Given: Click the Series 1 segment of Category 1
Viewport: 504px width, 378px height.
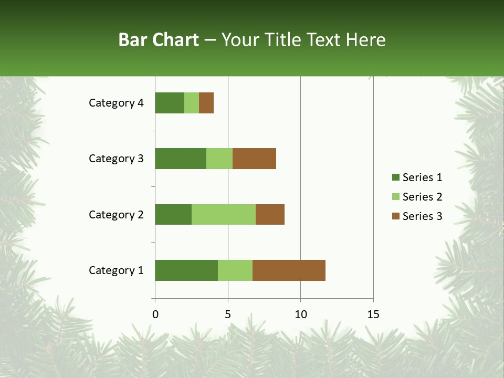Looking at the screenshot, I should coord(186,270).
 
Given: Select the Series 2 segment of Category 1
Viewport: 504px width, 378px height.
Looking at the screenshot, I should coord(235,270).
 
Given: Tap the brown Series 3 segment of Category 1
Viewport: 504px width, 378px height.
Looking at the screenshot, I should coord(289,270).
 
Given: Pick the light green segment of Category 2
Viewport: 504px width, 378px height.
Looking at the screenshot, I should coord(224,214).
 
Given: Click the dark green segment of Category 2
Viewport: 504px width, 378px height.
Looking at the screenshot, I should coord(173,214).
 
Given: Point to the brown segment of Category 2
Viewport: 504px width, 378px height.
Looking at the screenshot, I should coord(270,214).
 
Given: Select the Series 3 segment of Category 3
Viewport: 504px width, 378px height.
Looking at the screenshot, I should coord(254,159).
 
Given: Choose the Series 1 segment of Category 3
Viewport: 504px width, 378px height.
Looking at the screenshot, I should coord(181,159).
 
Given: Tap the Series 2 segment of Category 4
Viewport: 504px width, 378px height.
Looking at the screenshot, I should coord(192,103).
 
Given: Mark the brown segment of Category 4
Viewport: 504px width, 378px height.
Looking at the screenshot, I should coord(206,103).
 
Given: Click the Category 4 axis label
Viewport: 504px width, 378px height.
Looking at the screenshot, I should coord(116,103).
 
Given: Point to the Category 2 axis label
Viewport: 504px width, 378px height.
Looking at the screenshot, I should coord(116,214).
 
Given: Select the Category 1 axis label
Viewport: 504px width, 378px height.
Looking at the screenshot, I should coord(116,270).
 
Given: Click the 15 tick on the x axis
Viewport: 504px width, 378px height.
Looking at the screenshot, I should coord(373,314).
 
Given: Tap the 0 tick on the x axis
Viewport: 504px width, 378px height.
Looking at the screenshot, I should coord(155,314).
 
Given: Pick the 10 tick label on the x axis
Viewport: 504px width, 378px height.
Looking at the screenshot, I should coord(300,314).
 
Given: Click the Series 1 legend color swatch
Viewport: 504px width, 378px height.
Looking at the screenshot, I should coord(395,177).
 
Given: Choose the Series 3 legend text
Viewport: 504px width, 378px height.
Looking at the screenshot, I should coord(422,216).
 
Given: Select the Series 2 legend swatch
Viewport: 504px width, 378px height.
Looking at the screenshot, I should coord(395,197).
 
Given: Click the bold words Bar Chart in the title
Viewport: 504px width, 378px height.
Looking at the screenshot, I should coord(159,40).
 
